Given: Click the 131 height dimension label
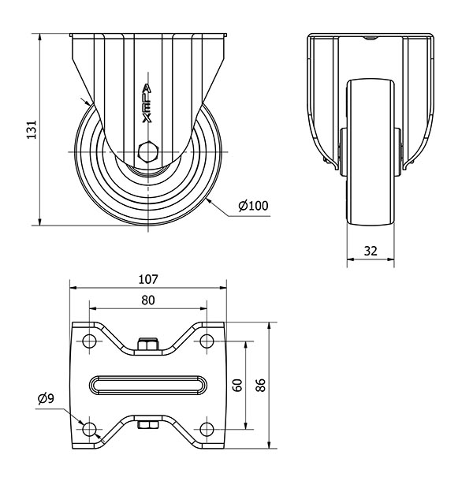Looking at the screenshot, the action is (32, 129).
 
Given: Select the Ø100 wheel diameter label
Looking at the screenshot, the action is (253, 206).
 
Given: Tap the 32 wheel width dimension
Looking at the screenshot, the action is (371, 252).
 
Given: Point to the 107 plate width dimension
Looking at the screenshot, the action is (148, 279).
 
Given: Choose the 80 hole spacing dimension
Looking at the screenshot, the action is (148, 300).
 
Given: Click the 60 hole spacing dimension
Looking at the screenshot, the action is (237, 386).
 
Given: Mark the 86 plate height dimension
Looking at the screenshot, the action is (260, 385).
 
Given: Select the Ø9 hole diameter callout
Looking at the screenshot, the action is (46, 398).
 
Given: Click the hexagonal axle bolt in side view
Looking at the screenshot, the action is (148, 152).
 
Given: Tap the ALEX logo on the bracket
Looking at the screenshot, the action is (147, 104).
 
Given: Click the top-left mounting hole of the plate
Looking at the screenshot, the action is (89, 341).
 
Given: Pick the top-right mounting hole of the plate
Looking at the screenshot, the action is (207, 341).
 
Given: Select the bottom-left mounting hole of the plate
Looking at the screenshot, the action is (89, 429).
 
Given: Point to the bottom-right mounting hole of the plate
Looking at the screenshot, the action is (207, 429).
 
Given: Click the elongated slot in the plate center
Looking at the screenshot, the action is (148, 385).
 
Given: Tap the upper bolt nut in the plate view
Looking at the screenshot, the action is (148, 344).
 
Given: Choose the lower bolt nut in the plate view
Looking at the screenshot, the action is (148, 425).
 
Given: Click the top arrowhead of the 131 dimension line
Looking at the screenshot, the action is (39, 37).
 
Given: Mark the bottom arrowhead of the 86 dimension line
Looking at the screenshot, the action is (270, 445).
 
